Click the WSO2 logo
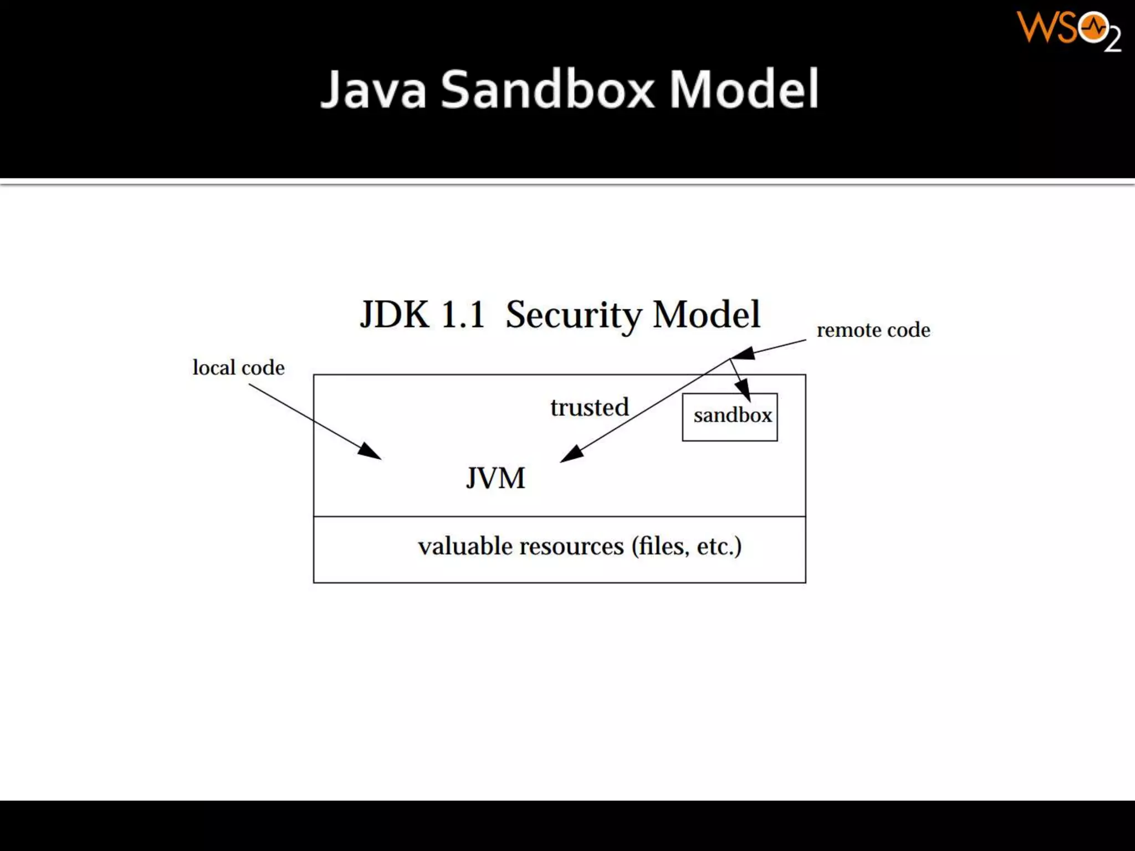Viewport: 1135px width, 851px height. pyautogui.click(x=1068, y=31)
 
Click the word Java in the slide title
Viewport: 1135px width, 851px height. pyautogui.click(x=374, y=90)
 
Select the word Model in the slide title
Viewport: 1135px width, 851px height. pyautogui.click(x=744, y=90)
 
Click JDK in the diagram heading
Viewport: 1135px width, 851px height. pyautogui.click(x=395, y=315)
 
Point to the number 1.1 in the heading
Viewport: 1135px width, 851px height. pyautogui.click(x=462, y=315)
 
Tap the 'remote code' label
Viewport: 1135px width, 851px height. pyautogui.click(x=873, y=330)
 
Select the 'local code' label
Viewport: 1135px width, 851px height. pyautogui.click(x=238, y=367)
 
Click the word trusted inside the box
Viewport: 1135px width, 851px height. pyautogui.click(x=590, y=407)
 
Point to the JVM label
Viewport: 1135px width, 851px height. pyautogui.click(x=495, y=478)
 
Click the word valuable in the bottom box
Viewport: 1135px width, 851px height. pyautogui.click(x=465, y=546)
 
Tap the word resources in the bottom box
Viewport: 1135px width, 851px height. pyautogui.click(x=571, y=546)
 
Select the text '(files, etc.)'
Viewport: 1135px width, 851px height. pyautogui.click(x=686, y=546)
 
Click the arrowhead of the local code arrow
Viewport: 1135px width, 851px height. pyautogui.click(x=370, y=452)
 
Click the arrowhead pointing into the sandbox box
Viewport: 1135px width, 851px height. pyautogui.click(x=744, y=390)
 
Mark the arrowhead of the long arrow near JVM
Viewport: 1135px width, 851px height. pyautogui.click(x=571, y=454)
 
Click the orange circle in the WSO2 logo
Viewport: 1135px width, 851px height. pyautogui.click(x=1093, y=28)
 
